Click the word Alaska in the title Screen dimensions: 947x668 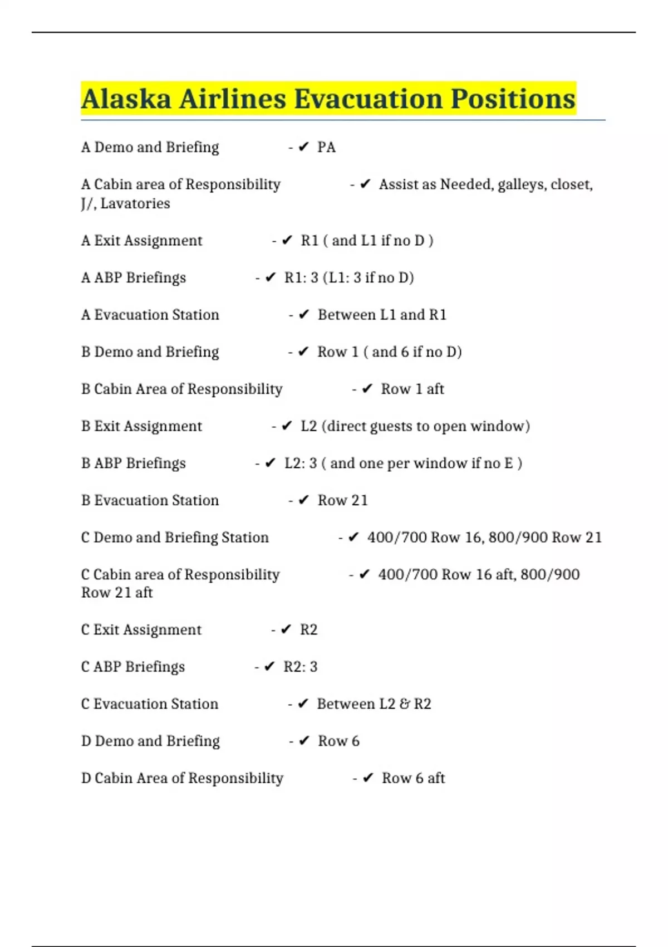point(126,99)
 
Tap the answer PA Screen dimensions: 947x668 point(326,148)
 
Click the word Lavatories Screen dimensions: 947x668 point(135,204)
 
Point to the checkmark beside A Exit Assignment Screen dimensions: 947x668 point(287,241)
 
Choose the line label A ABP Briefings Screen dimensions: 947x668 point(134,278)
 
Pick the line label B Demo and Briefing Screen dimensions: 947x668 point(150,352)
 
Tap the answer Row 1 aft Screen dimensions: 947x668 point(412,389)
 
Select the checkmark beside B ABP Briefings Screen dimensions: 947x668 point(271,463)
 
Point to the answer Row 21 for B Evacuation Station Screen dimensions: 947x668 point(343,501)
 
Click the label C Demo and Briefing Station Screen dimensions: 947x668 point(175,538)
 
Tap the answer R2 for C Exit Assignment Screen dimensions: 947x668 point(308,630)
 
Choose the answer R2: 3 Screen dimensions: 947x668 point(301,667)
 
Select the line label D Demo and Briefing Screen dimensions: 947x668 point(150,741)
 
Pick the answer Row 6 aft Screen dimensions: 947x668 point(413,778)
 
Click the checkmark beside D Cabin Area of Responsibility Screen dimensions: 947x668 point(368,778)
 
